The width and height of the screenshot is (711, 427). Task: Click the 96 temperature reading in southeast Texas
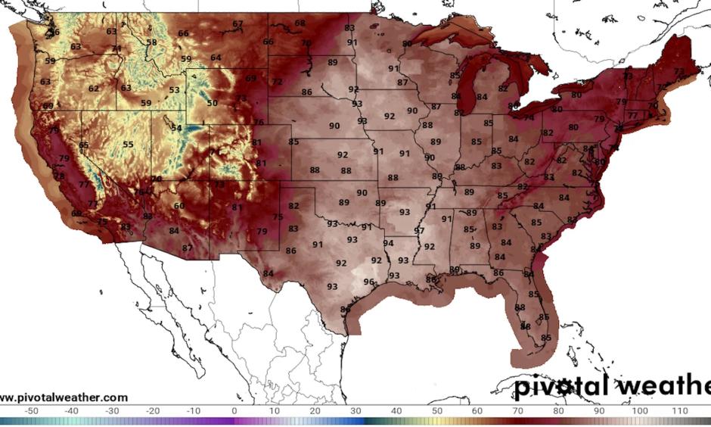pos(368,282)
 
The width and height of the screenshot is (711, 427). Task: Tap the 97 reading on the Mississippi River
pos(419,230)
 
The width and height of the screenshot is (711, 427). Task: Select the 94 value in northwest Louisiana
pos(389,243)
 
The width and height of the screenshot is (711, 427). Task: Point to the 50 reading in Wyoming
pos(212,103)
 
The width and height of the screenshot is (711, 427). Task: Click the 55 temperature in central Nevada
pos(129,145)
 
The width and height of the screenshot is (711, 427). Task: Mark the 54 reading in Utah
pos(177,128)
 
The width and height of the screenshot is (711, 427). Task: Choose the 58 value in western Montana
pos(152,42)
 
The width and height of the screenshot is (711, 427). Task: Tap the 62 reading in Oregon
pos(94,89)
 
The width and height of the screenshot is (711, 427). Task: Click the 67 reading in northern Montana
pos(238,24)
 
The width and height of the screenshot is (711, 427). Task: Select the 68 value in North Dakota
pos(300,23)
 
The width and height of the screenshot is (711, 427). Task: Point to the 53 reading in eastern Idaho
pos(175,90)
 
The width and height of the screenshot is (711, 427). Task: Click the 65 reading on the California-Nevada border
pos(83,145)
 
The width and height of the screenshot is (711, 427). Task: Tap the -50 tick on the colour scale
pos(32,411)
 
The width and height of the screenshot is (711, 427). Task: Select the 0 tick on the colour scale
pos(234,411)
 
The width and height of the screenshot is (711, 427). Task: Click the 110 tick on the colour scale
pos(680,411)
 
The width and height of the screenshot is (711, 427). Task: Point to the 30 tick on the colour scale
pos(355,411)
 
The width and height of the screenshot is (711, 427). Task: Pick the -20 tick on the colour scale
pos(153,411)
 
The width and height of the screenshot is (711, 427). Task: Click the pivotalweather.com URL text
pos(64,397)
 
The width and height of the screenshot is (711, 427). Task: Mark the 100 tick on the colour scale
pos(639,411)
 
